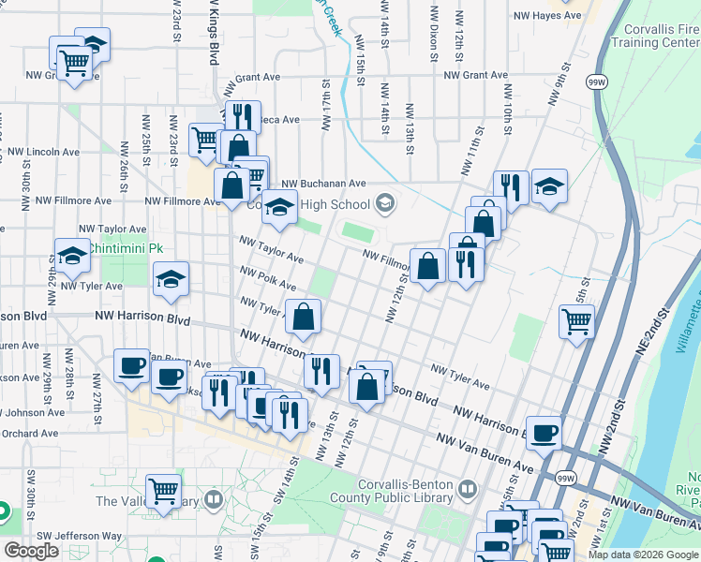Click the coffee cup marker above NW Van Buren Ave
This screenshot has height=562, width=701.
[x=543, y=432]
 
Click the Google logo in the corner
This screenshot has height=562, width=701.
[x=31, y=551]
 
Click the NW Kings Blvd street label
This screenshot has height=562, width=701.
[x=215, y=33]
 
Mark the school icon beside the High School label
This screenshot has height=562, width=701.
[x=384, y=203]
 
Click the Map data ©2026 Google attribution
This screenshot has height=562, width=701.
[x=642, y=555]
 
